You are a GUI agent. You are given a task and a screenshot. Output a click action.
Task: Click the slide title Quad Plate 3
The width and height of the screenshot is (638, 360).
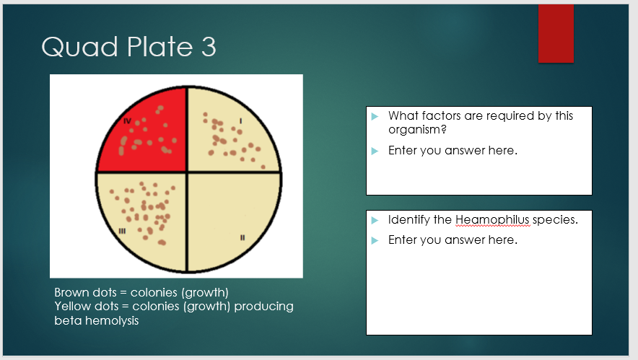coord(128,47)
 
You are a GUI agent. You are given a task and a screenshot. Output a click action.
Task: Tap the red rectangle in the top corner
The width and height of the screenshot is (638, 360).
coord(556,33)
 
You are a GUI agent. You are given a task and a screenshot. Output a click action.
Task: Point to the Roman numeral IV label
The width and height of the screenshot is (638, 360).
coord(126,120)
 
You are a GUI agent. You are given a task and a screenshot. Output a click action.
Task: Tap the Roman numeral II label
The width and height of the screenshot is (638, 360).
coord(243,237)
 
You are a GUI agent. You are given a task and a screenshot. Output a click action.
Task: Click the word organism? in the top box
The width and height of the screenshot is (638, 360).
coord(417,130)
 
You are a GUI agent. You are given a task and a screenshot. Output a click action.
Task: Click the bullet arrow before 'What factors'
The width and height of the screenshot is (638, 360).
coord(375,116)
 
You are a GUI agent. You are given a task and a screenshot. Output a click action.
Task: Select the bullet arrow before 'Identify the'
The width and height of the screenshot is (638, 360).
coord(375,220)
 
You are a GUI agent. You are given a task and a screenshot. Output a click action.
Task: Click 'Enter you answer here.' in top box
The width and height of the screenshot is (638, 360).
coord(453,150)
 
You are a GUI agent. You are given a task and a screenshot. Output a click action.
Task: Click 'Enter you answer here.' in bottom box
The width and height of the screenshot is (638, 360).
coord(453,240)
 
